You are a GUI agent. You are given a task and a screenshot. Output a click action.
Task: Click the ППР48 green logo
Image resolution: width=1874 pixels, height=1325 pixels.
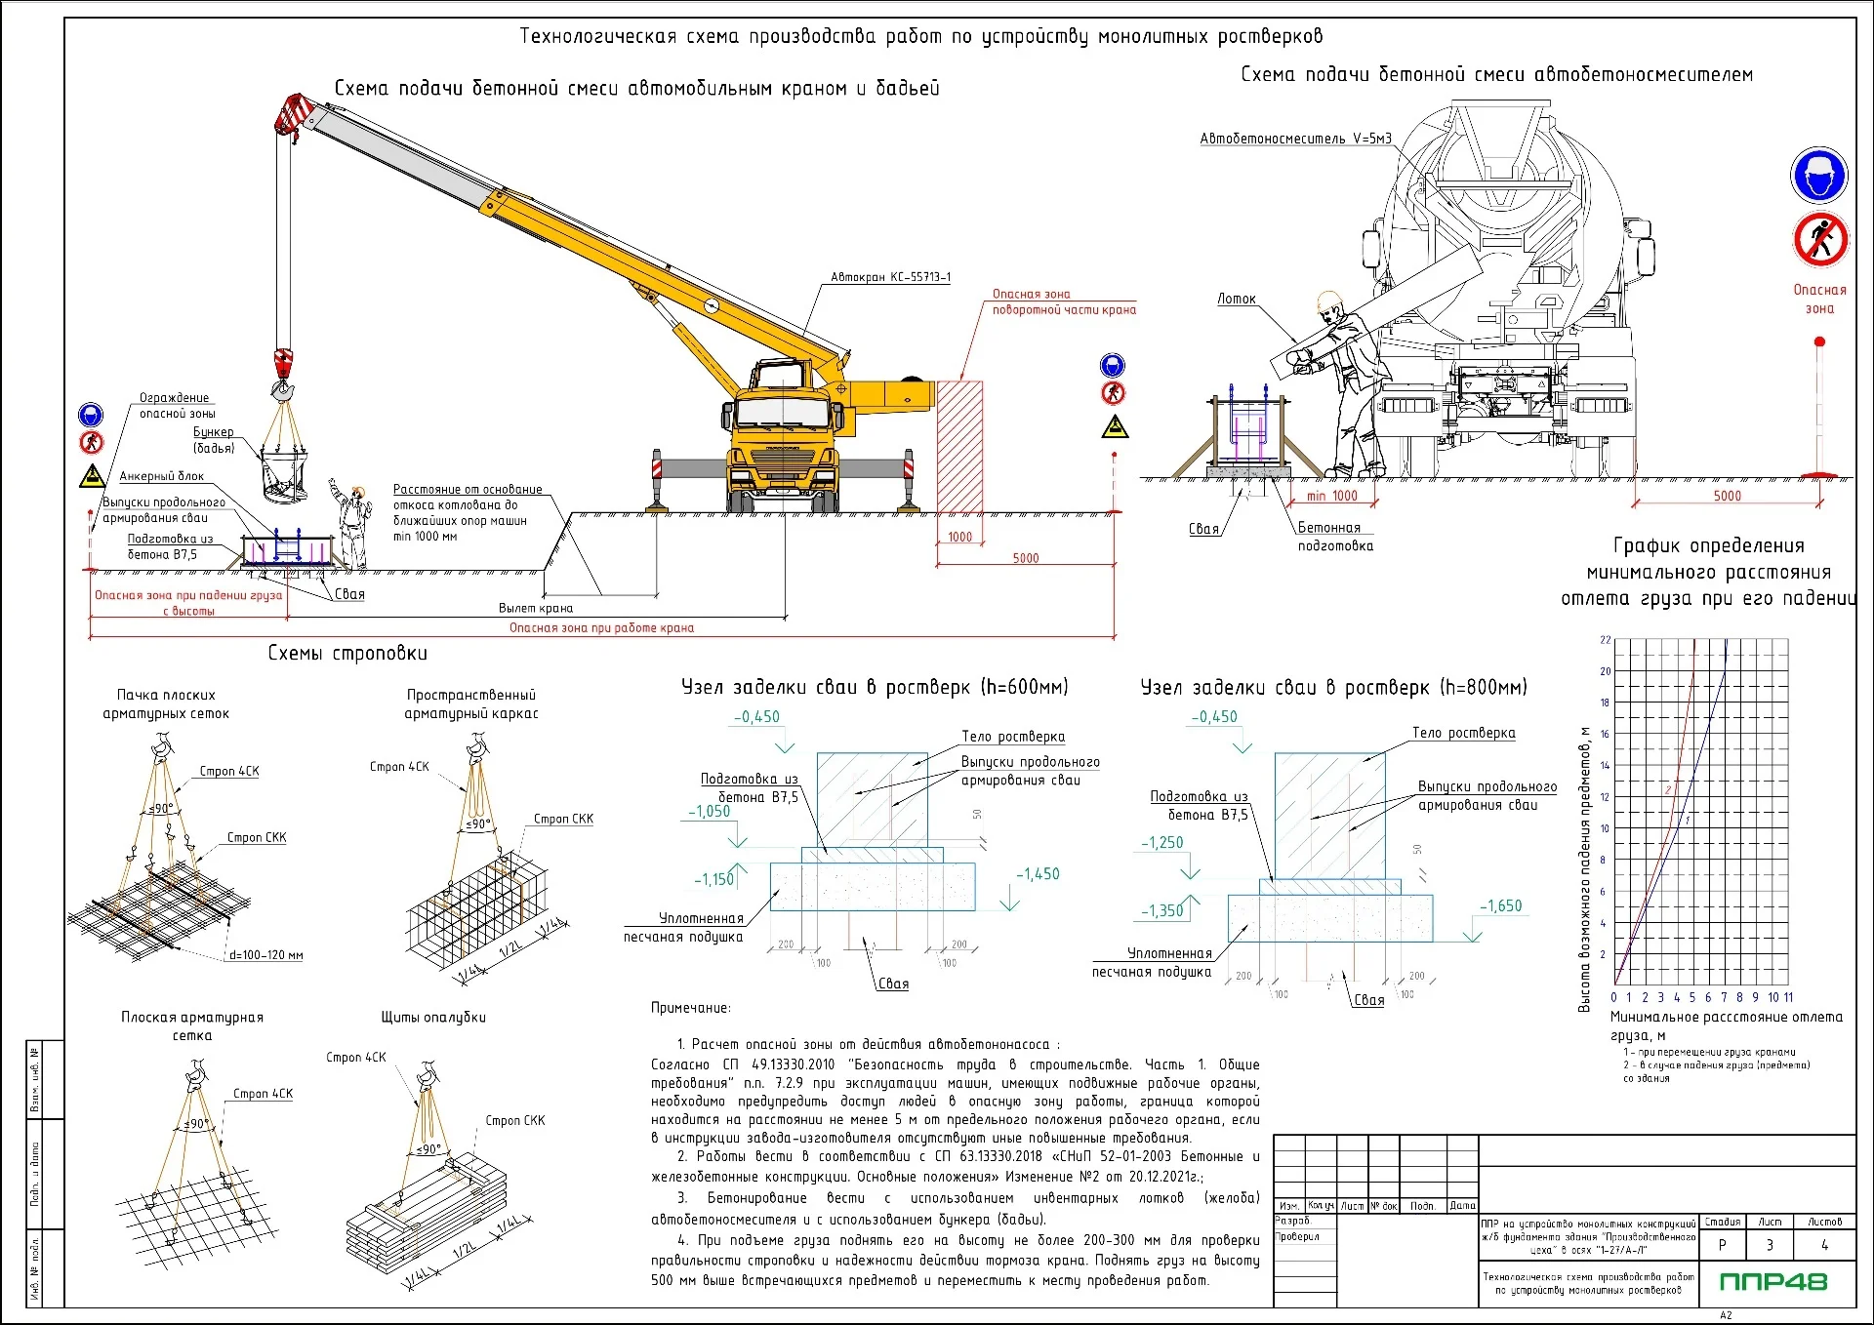[1772, 1281]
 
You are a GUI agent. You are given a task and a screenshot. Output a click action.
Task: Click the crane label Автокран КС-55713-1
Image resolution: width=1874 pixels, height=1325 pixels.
[890, 277]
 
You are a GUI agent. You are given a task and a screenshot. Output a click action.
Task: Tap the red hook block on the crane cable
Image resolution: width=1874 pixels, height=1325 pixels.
[283, 362]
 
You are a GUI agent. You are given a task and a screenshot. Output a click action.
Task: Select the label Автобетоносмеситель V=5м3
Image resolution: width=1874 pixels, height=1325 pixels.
[1295, 139]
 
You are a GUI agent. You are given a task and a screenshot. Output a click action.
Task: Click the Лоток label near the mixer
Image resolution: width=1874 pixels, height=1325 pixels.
[1236, 299]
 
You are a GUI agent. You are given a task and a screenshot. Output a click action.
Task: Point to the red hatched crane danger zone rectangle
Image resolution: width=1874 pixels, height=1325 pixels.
[959, 447]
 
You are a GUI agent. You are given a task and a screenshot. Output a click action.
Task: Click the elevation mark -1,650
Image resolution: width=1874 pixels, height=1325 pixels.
[1500, 905]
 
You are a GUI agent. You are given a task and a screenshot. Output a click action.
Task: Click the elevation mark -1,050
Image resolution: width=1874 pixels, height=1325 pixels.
[709, 811]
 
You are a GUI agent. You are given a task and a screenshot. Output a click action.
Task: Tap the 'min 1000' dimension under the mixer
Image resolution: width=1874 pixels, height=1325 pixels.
[1331, 496]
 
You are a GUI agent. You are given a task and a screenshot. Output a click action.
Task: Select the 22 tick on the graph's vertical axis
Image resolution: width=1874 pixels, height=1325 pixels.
[1606, 640]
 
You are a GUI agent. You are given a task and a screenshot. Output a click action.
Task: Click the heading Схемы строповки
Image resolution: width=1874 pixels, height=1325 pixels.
[347, 654]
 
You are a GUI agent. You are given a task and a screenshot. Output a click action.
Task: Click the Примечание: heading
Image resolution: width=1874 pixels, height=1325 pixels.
[690, 1008]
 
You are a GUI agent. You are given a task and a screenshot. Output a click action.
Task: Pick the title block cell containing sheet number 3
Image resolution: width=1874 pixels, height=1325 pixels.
[1770, 1245]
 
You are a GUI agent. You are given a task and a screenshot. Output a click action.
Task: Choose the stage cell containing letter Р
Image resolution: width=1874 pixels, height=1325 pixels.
[1722, 1245]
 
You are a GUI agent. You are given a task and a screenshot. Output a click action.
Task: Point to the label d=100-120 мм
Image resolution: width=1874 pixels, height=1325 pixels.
[265, 955]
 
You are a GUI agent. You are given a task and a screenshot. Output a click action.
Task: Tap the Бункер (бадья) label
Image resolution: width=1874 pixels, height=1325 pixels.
[214, 440]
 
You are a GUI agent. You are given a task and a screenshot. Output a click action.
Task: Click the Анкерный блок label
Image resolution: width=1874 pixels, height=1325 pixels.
[162, 476]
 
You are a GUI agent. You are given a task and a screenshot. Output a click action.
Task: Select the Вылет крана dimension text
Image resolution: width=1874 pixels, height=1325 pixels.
[535, 608]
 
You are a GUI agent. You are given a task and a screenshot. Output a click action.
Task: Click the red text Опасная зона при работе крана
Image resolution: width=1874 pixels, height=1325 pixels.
[601, 627]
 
